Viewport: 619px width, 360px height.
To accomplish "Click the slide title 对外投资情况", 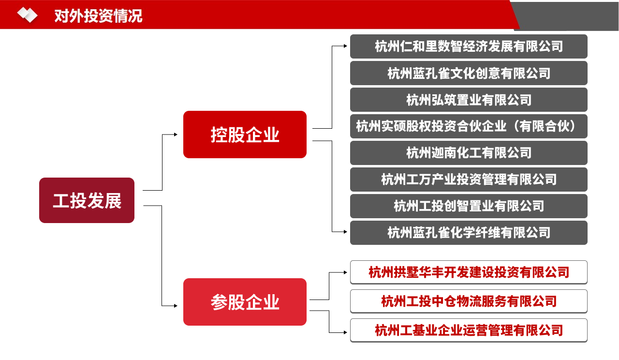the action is coord(98,16).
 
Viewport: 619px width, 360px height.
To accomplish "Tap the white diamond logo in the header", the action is coord(27,15).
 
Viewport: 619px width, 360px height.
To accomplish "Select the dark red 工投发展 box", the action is coord(87,200).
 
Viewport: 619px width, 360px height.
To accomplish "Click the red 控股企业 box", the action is coord(245,135).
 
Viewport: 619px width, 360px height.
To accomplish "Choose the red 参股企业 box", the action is coord(245,302).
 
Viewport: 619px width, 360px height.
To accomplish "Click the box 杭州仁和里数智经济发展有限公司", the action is coord(469,46).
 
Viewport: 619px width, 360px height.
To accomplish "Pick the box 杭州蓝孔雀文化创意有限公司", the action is coord(469,73).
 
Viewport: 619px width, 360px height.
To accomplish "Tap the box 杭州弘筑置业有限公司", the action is coord(469,100).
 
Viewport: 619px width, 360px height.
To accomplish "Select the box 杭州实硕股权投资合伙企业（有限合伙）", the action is coord(469,126).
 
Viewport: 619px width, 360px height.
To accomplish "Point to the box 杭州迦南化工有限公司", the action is coord(469,153).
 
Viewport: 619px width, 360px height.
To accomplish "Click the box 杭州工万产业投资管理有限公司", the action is coord(469,180).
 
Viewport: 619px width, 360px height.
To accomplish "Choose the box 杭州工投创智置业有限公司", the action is coord(469,206).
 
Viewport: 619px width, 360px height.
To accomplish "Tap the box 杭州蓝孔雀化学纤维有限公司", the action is coord(469,233).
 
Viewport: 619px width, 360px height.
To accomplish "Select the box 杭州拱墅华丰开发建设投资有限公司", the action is coord(469,272).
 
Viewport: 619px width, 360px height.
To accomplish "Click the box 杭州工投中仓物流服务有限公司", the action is coord(469,301).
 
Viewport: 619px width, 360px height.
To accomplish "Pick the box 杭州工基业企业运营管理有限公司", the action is coord(469,330).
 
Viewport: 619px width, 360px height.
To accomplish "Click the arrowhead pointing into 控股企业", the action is coord(176,135).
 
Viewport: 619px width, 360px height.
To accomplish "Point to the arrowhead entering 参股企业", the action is coord(176,306).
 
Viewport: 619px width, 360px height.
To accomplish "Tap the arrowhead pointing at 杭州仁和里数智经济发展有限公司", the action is coord(345,46).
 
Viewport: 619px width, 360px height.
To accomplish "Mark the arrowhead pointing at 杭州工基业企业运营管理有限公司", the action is coord(345,332).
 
